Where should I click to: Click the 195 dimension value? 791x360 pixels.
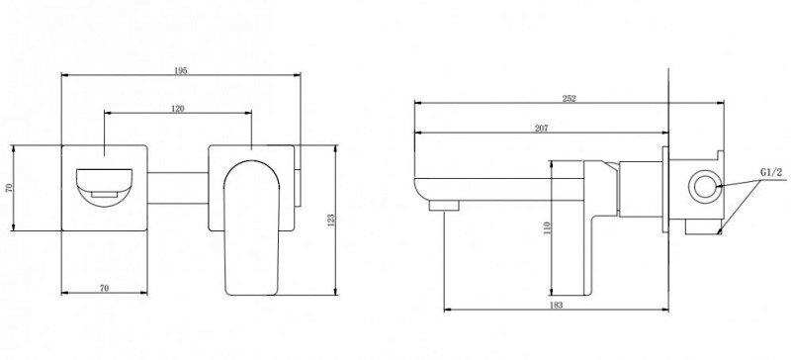pos(181,70)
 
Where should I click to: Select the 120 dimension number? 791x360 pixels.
pos(178,109)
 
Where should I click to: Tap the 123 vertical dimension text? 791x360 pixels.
pos(331,221)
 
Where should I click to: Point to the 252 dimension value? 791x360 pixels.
pos(570,99)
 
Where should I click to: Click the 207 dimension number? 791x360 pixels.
pos(541,129)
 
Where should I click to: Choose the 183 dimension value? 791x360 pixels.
pos(556,305)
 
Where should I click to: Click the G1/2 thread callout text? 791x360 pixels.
pos(771,173)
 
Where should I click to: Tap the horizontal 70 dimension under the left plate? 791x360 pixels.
pos(104,289)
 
